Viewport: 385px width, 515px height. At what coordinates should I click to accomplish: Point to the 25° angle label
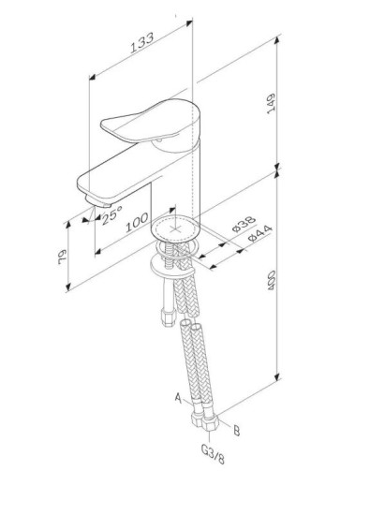(111, 214)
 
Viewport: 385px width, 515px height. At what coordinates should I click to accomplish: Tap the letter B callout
(236, 431)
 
